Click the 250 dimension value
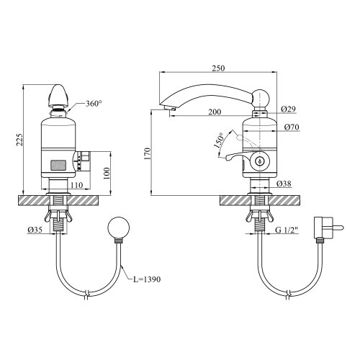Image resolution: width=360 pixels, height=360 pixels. point(218,68)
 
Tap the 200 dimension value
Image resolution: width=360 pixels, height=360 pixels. point(215,112)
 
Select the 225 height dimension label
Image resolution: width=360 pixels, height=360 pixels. point(19,140)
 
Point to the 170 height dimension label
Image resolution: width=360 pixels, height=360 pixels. point(148,154)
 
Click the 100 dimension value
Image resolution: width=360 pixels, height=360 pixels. point(107,174)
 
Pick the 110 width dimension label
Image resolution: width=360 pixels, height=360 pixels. point(76,185)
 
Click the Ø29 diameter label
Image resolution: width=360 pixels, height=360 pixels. point(288,109)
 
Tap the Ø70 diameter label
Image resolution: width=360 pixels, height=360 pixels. point(292,127)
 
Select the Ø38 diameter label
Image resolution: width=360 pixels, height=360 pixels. point(284,184)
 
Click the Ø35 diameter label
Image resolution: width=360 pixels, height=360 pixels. point(35,230)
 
